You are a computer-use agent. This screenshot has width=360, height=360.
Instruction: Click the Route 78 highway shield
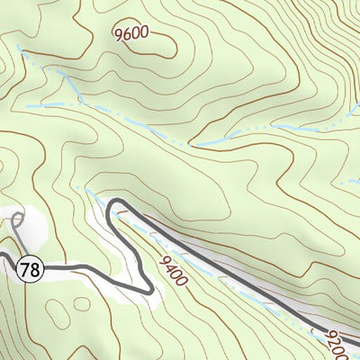tap(31, 267)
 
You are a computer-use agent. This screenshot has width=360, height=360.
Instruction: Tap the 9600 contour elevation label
tap(131, 35)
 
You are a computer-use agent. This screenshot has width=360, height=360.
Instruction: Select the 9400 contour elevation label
tap(172, 270)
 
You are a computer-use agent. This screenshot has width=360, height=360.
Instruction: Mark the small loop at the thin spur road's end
tap(18, 219)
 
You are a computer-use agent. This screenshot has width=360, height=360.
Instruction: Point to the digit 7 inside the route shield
tap(27, 267)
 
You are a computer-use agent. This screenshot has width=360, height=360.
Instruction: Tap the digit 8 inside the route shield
tap(35, 267)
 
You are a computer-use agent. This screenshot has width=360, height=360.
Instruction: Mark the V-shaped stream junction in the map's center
tap(191, 144)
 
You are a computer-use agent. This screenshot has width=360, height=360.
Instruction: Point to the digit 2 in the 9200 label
tap(335, 339)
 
